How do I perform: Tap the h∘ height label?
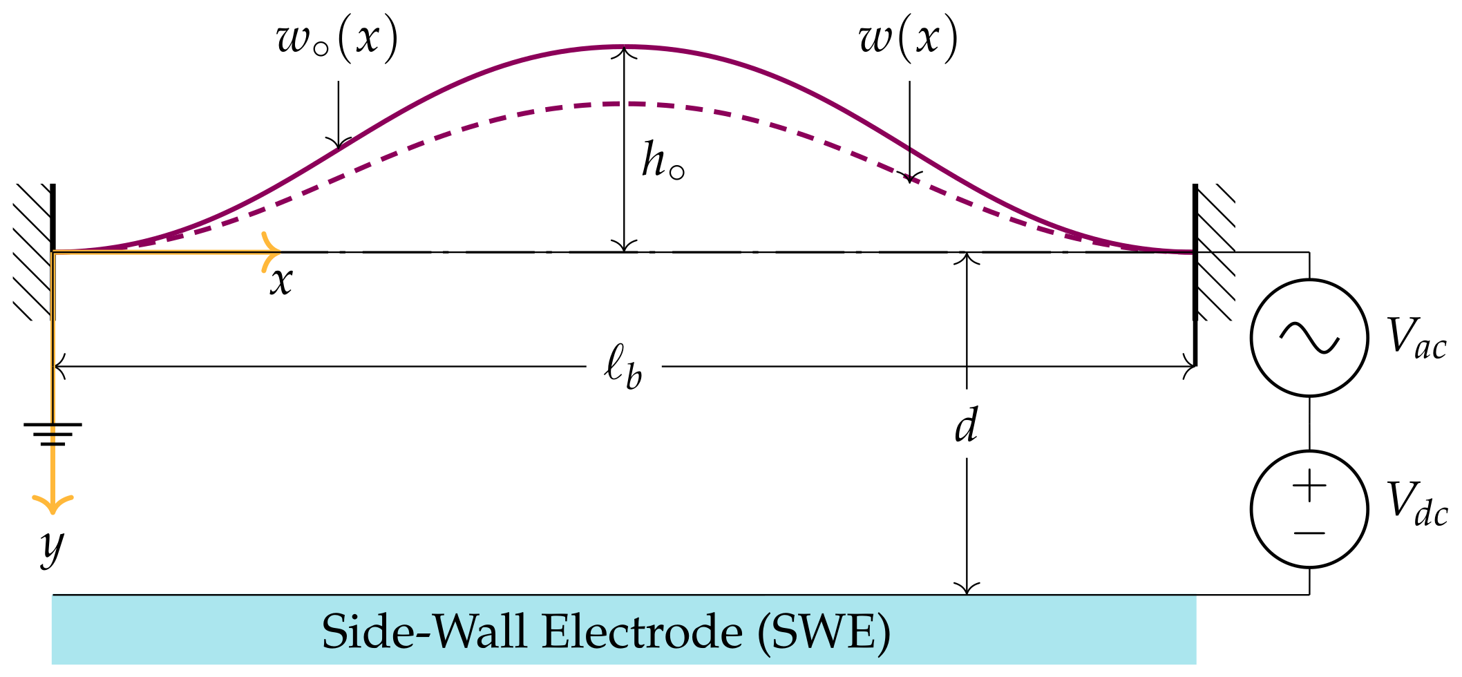coord(662,161)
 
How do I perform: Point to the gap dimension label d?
coord(967,424)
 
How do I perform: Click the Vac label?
coord(1416,338)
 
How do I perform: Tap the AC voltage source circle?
coord(1309,338)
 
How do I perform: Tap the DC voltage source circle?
coord(1309,509)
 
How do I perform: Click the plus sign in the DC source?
coord(1309,486)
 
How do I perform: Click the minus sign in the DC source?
coord(1309,533)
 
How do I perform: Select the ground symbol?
coord(53,434)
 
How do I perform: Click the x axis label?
coord(281,282)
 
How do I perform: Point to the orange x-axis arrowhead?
coord(272,252)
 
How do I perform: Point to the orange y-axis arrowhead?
coord(53,504)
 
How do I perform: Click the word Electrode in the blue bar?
coord(642,631)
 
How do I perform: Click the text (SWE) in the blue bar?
coord(824,631)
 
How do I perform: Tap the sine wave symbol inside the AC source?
coord(1309,338)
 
